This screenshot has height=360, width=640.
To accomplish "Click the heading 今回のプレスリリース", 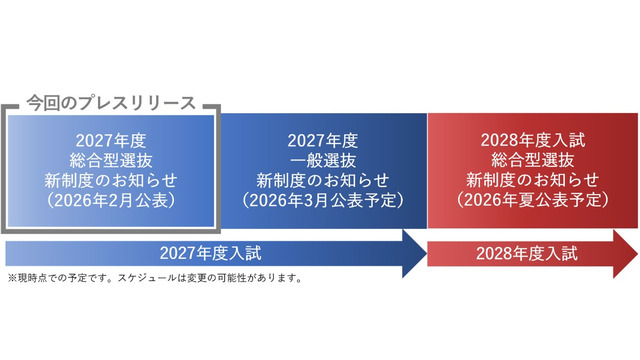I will (111, 102).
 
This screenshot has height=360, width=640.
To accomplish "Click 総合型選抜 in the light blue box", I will (111, 160).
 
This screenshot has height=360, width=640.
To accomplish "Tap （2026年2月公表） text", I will (111, 199).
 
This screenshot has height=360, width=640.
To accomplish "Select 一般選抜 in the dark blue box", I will (322, 160).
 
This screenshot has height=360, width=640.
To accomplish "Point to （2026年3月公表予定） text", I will (322, 199).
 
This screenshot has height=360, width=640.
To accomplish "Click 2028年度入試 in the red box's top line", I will (532, 140).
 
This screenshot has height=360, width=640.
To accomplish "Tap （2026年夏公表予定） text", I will (532, 199).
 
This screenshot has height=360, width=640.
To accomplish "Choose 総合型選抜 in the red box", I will (532, 160).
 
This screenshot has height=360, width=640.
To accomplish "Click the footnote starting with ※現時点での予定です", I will (155, 278).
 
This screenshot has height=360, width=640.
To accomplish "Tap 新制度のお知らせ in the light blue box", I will (111, 180).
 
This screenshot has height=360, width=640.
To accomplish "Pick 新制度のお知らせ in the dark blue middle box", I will (322, 180).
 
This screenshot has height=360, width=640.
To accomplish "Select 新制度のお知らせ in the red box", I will (532, 180).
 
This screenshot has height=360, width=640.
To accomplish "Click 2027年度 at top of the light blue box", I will (111, 140).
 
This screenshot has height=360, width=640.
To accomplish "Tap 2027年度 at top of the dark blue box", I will (322, 140).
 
